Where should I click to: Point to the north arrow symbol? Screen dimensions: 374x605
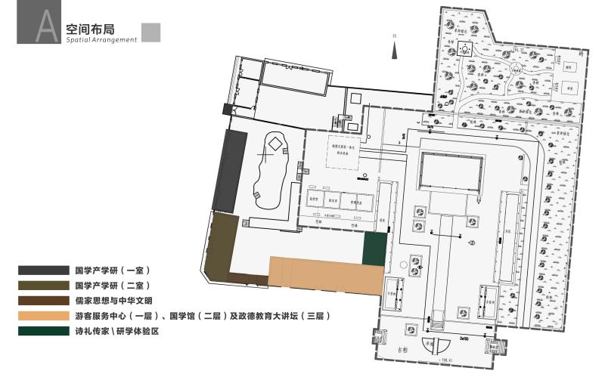[x=394, y=50]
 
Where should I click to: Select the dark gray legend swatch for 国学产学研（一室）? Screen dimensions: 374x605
[x=45, y=270]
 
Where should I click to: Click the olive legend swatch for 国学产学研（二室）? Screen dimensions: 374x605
[x=45, y=286]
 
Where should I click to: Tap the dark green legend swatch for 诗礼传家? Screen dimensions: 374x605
[x=45, y=331]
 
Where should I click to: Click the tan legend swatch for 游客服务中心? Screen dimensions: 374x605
[x=45, y=316]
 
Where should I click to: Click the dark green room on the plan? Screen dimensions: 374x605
[x=374, y=249]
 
